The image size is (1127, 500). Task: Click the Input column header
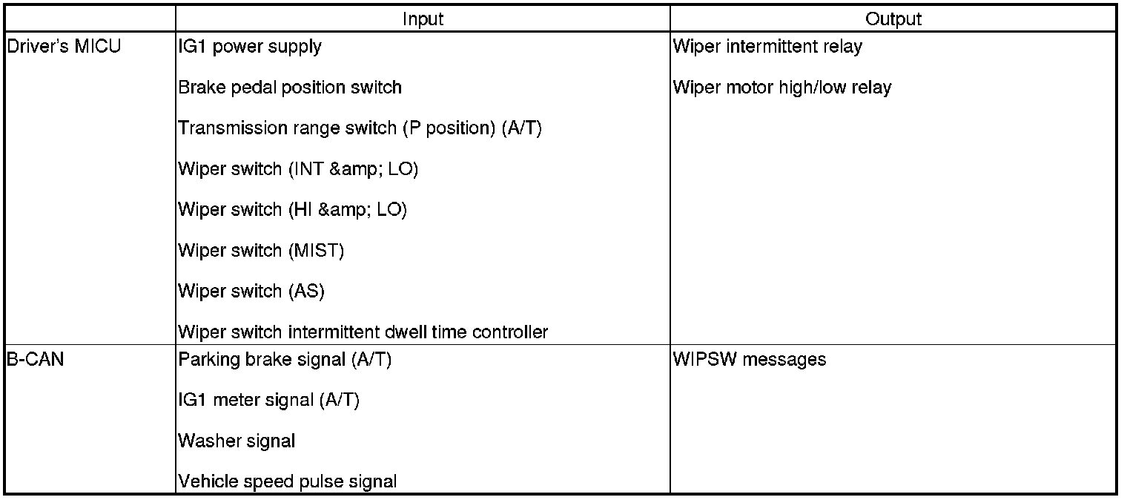click(x=423, y=19)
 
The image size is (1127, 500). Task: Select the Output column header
click(x=893, y=19)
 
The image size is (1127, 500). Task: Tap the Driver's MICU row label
click(x=64, y=47)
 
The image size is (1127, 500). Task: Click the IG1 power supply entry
click(x=250, y=47)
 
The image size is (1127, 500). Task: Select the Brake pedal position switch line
click(x=290, y=88)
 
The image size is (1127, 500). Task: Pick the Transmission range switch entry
click(x=360, y=128)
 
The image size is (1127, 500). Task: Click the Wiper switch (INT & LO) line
click(x=298, y=169)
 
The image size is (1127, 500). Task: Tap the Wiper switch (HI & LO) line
click(x=293, y=210)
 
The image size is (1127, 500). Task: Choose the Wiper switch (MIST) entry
click(x=261, y=251)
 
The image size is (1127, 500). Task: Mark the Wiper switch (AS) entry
click(x=251, y=292)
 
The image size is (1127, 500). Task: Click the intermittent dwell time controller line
click(x=363, y=332)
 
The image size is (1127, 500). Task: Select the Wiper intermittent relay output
click(x=767, y=47)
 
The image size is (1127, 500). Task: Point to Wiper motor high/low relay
click(x=782, y=88)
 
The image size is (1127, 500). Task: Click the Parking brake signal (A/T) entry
click(x=285, y=360)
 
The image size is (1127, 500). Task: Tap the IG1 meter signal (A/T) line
click(x=268, y=401)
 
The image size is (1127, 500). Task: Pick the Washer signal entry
click(x=237, y=441)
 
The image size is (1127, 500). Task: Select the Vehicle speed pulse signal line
click(x=288, y=482)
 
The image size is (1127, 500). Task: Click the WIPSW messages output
click(x=749, y=360)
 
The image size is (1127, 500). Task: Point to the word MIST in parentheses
click(x=316, y=251)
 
